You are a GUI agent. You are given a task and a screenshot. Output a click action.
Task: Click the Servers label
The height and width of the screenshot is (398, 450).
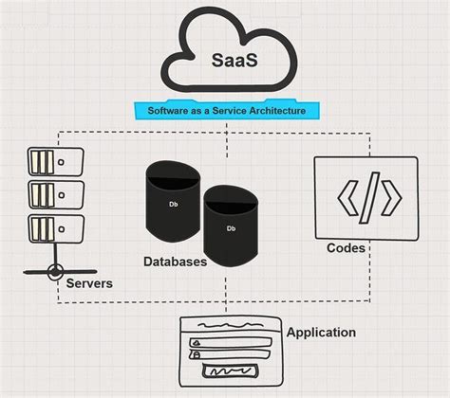point(90,283)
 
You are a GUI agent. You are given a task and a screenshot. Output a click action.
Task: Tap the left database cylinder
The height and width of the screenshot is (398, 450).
point(173,203)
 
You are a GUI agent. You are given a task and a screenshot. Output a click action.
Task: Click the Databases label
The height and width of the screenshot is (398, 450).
point(176,261)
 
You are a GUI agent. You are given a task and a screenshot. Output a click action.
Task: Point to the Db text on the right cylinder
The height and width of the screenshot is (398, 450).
point(231,228)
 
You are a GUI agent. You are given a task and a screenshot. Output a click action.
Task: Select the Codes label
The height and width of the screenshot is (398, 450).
point(347,248)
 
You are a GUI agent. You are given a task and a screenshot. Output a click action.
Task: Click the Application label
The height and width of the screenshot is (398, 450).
point(321,333)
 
